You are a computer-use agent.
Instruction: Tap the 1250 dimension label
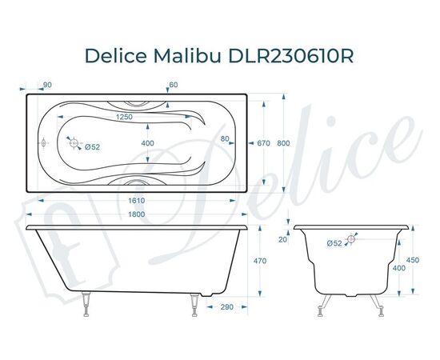click(x=124, y=118)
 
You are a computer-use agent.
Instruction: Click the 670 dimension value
click(x=265, y=144)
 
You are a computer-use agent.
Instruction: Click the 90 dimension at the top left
click(x=47, y=86)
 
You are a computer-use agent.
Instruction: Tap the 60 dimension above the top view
click(x=174, y=86)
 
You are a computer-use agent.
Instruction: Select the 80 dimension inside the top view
click(x=226, y=140)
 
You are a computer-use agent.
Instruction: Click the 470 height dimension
click(x=260, y=260)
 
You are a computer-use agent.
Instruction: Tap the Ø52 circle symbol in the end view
click(x=354, y=238)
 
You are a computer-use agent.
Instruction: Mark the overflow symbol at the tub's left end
click(x=43, y=145)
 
